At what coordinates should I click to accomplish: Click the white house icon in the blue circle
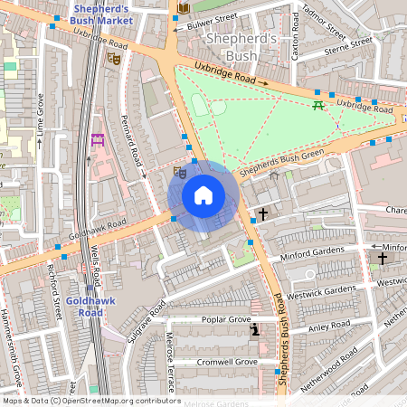[x=203, y=195]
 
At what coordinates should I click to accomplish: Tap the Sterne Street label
[x=348, y=43]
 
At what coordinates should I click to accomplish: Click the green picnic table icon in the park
[x=318, y=106]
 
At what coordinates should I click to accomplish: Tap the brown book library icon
[x=184, y=8]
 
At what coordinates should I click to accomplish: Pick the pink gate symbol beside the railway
[x=98, y=139]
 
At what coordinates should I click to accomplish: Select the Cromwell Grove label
[x=228, y=362]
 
